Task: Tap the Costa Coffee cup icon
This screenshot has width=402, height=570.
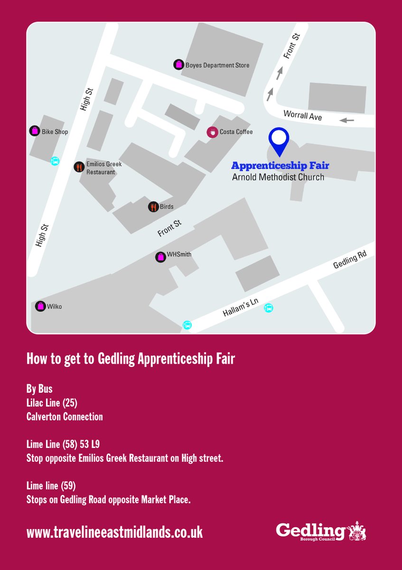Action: (x=212, y=132)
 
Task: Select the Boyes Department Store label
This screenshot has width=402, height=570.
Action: (x=217, y=66)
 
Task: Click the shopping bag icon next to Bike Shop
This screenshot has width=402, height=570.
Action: (x=34, y=131)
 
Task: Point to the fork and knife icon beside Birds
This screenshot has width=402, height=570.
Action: (x=153, y=207)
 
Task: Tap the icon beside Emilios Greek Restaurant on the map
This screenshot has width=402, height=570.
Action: (x=79, y=167)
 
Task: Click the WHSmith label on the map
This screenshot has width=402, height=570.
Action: (x=179, y=255)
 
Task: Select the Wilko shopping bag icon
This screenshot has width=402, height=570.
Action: (x=41, y=306)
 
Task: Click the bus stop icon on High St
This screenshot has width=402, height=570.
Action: (x=55, y=161)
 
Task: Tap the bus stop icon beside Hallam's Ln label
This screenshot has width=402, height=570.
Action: (x=269, y=308)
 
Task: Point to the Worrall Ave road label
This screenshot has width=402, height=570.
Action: (x=302, y=115)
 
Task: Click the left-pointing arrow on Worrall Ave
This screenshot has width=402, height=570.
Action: (x=346, y=120)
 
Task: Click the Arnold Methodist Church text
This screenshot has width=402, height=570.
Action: (x=278, y=178)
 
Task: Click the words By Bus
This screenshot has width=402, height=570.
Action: (x=39, y=389)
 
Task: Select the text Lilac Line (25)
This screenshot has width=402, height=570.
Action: (x=52, y=403)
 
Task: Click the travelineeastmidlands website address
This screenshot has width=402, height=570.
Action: (x=114, y=532)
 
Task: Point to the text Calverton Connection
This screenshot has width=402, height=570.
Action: (x=65, y=417)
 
